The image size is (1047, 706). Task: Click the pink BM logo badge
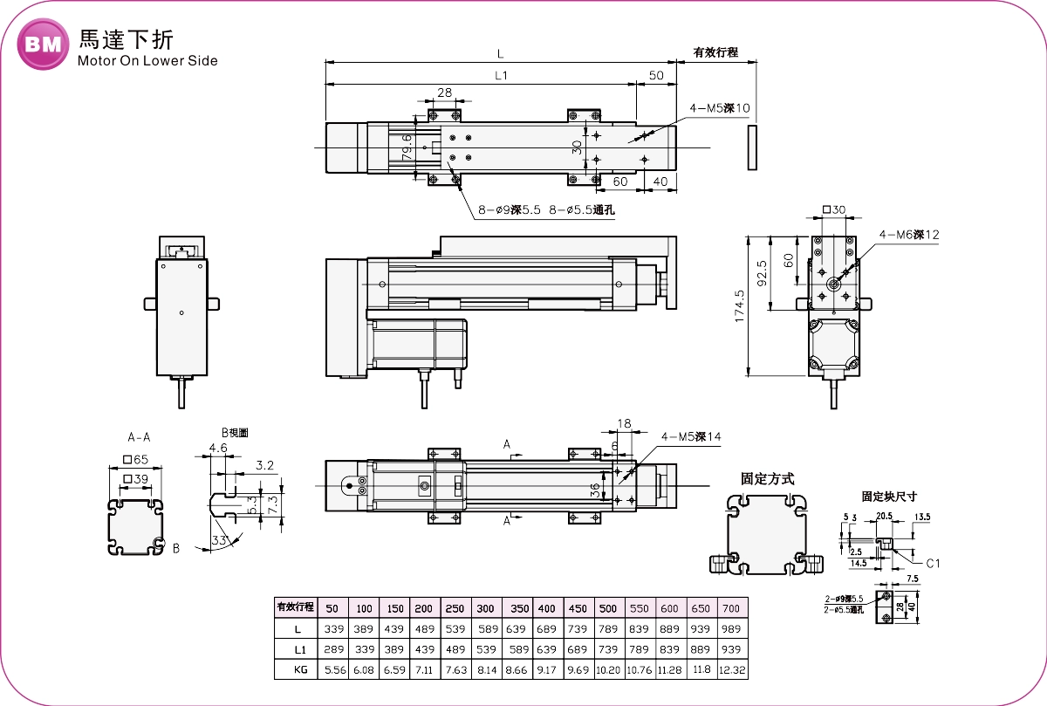tap(43, 45)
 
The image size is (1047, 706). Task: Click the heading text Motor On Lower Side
tap(147, 61)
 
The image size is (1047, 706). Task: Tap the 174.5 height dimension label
tap(740, 306)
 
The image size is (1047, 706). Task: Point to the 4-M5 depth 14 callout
tap(692, 437)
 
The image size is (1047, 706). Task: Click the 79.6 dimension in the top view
tap(407, 145)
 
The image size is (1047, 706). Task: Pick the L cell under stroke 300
tap(486, 628)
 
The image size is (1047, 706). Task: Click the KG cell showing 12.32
tap(731, 670)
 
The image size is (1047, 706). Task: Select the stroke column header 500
tap(607, 607)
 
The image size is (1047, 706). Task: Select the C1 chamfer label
tap(932, 563)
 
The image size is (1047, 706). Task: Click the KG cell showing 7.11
tap(423, 670)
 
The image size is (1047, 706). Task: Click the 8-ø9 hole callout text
tap(510, 210)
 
